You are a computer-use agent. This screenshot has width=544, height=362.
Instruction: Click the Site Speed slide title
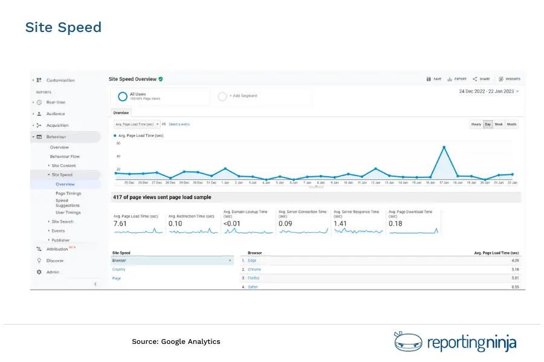[x=63, y=27]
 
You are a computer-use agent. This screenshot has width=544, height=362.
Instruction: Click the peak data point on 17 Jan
[x=444, y=147]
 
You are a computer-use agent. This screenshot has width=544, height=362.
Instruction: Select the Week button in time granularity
[x=499, y=124]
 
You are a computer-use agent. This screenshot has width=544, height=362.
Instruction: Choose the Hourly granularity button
[x=476, y=124]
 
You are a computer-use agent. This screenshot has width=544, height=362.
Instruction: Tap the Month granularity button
[x=512, y=124]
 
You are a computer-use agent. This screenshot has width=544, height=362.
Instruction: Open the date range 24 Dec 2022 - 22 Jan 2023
[x=488, y=92]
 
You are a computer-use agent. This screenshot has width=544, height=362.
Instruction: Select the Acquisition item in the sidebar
[x=57, y=125]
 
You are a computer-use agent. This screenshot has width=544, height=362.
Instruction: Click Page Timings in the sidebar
[x=68, y=194]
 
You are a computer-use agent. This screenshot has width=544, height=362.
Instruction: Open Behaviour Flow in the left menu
[x=65, y=156]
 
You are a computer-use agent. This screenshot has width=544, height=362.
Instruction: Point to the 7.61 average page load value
[x=121, y=224]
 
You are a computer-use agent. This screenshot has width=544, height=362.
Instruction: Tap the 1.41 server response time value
[x=340, y=224]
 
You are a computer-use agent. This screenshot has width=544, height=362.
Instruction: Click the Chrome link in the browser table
[x=254, y=269]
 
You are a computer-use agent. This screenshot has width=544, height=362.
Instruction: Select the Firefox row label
[x=254, y=278]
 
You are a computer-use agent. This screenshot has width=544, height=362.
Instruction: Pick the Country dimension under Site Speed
[x=119, y=269]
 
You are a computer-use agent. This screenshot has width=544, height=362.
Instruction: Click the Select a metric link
[x=179, y=124]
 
